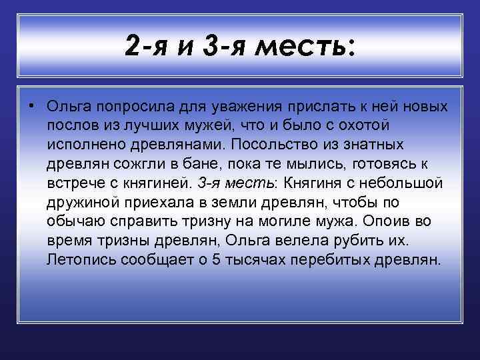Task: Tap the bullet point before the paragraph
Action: (31, 107)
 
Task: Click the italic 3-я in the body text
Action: (209, 183)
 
